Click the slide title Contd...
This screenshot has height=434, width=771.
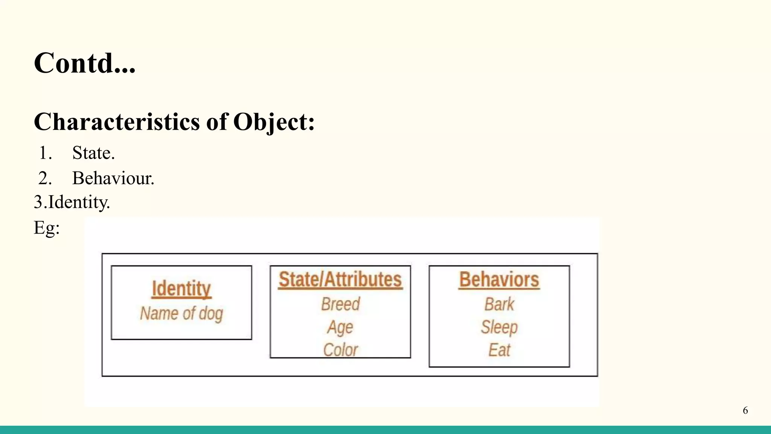click(x=84, y=63)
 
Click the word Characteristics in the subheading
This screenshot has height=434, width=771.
click(x=117, y=122)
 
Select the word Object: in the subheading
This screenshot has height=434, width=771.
click(x=274, y=122)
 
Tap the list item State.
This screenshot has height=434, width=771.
click(x=93, y=153)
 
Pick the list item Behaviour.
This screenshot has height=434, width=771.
click(x=113, y=178)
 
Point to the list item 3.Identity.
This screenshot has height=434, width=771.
click(x=72, y=202)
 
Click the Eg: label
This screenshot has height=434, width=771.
click(x=47, y=228)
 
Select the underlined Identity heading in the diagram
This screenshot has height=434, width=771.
click(x=181, y=289)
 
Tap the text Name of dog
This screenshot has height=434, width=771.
click(x=181, y=313)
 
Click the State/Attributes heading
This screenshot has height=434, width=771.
click(x=340, y=280)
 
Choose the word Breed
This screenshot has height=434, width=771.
click(x=340, y=304)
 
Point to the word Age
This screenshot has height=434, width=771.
click(x=340, y=327)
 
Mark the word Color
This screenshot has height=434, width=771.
click(x=340, y=350)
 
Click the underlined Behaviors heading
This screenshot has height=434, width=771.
click(x=499, y=280)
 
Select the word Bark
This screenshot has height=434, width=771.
click(x=499, y=304)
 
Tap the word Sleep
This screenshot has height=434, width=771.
click(x=499, y=327)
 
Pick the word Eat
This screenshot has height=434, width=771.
click(x=499, y=350)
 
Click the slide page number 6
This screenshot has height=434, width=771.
click(x=745, y=410)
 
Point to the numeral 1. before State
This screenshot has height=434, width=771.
click(x=45, y=153)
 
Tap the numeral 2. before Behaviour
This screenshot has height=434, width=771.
click(x=45, y=178)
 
